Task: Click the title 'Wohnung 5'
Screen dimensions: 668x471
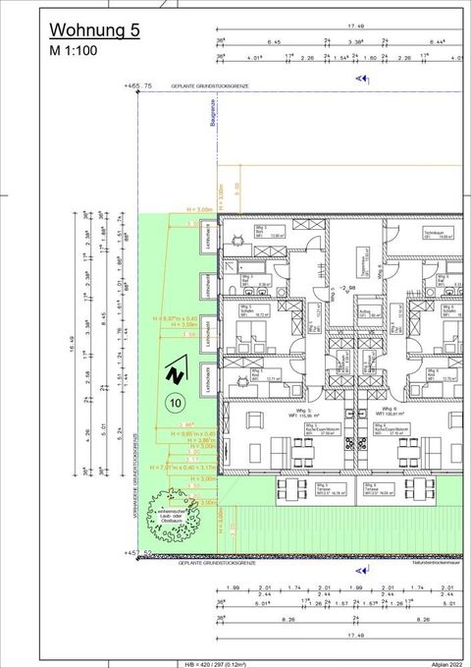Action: (x=94, y=30)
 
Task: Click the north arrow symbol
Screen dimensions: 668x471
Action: (x=176, y=373)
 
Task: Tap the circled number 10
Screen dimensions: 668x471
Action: (x=175, y=401)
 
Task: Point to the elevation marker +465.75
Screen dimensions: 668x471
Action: (x=139, y=87)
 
